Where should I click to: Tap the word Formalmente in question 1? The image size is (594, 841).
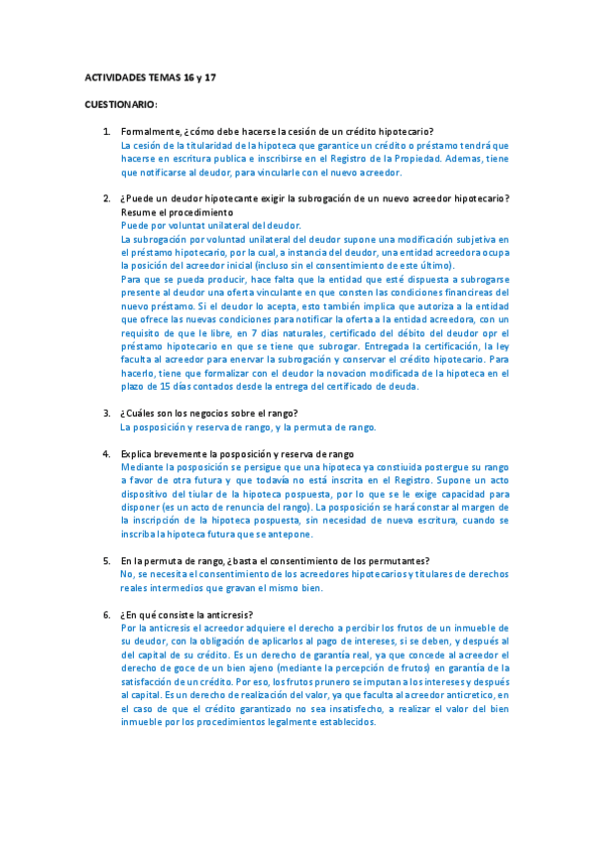tap(152, 132)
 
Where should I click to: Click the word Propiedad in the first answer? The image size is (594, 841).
tap(387, 158)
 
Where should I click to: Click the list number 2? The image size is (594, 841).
tap(107, 198)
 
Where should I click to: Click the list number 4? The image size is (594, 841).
tap(107, 453)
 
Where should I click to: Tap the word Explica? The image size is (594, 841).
tap(139, 453)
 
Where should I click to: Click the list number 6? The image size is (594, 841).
tap(107, 614)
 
